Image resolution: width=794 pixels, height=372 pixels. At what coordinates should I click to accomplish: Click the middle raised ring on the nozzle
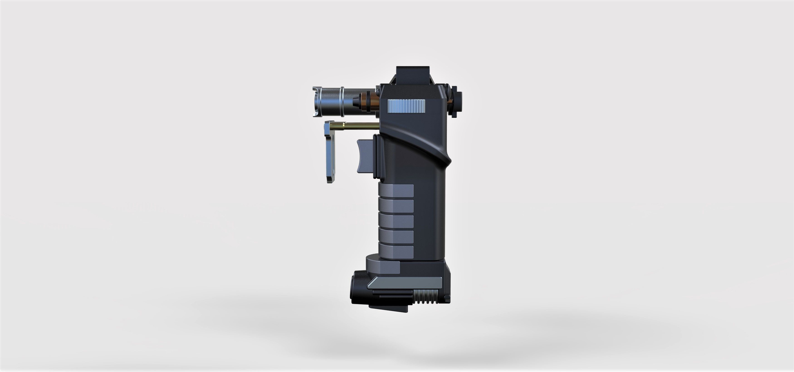point(342,102)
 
